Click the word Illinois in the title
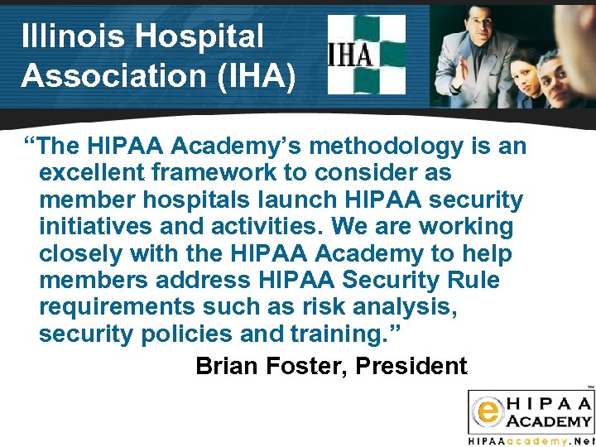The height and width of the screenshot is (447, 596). tap(73, 36)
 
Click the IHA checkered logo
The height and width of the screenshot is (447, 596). tap(367, 54)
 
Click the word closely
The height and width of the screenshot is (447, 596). tap(82, 253)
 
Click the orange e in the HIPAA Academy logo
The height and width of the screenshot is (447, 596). tap(488, 409)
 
